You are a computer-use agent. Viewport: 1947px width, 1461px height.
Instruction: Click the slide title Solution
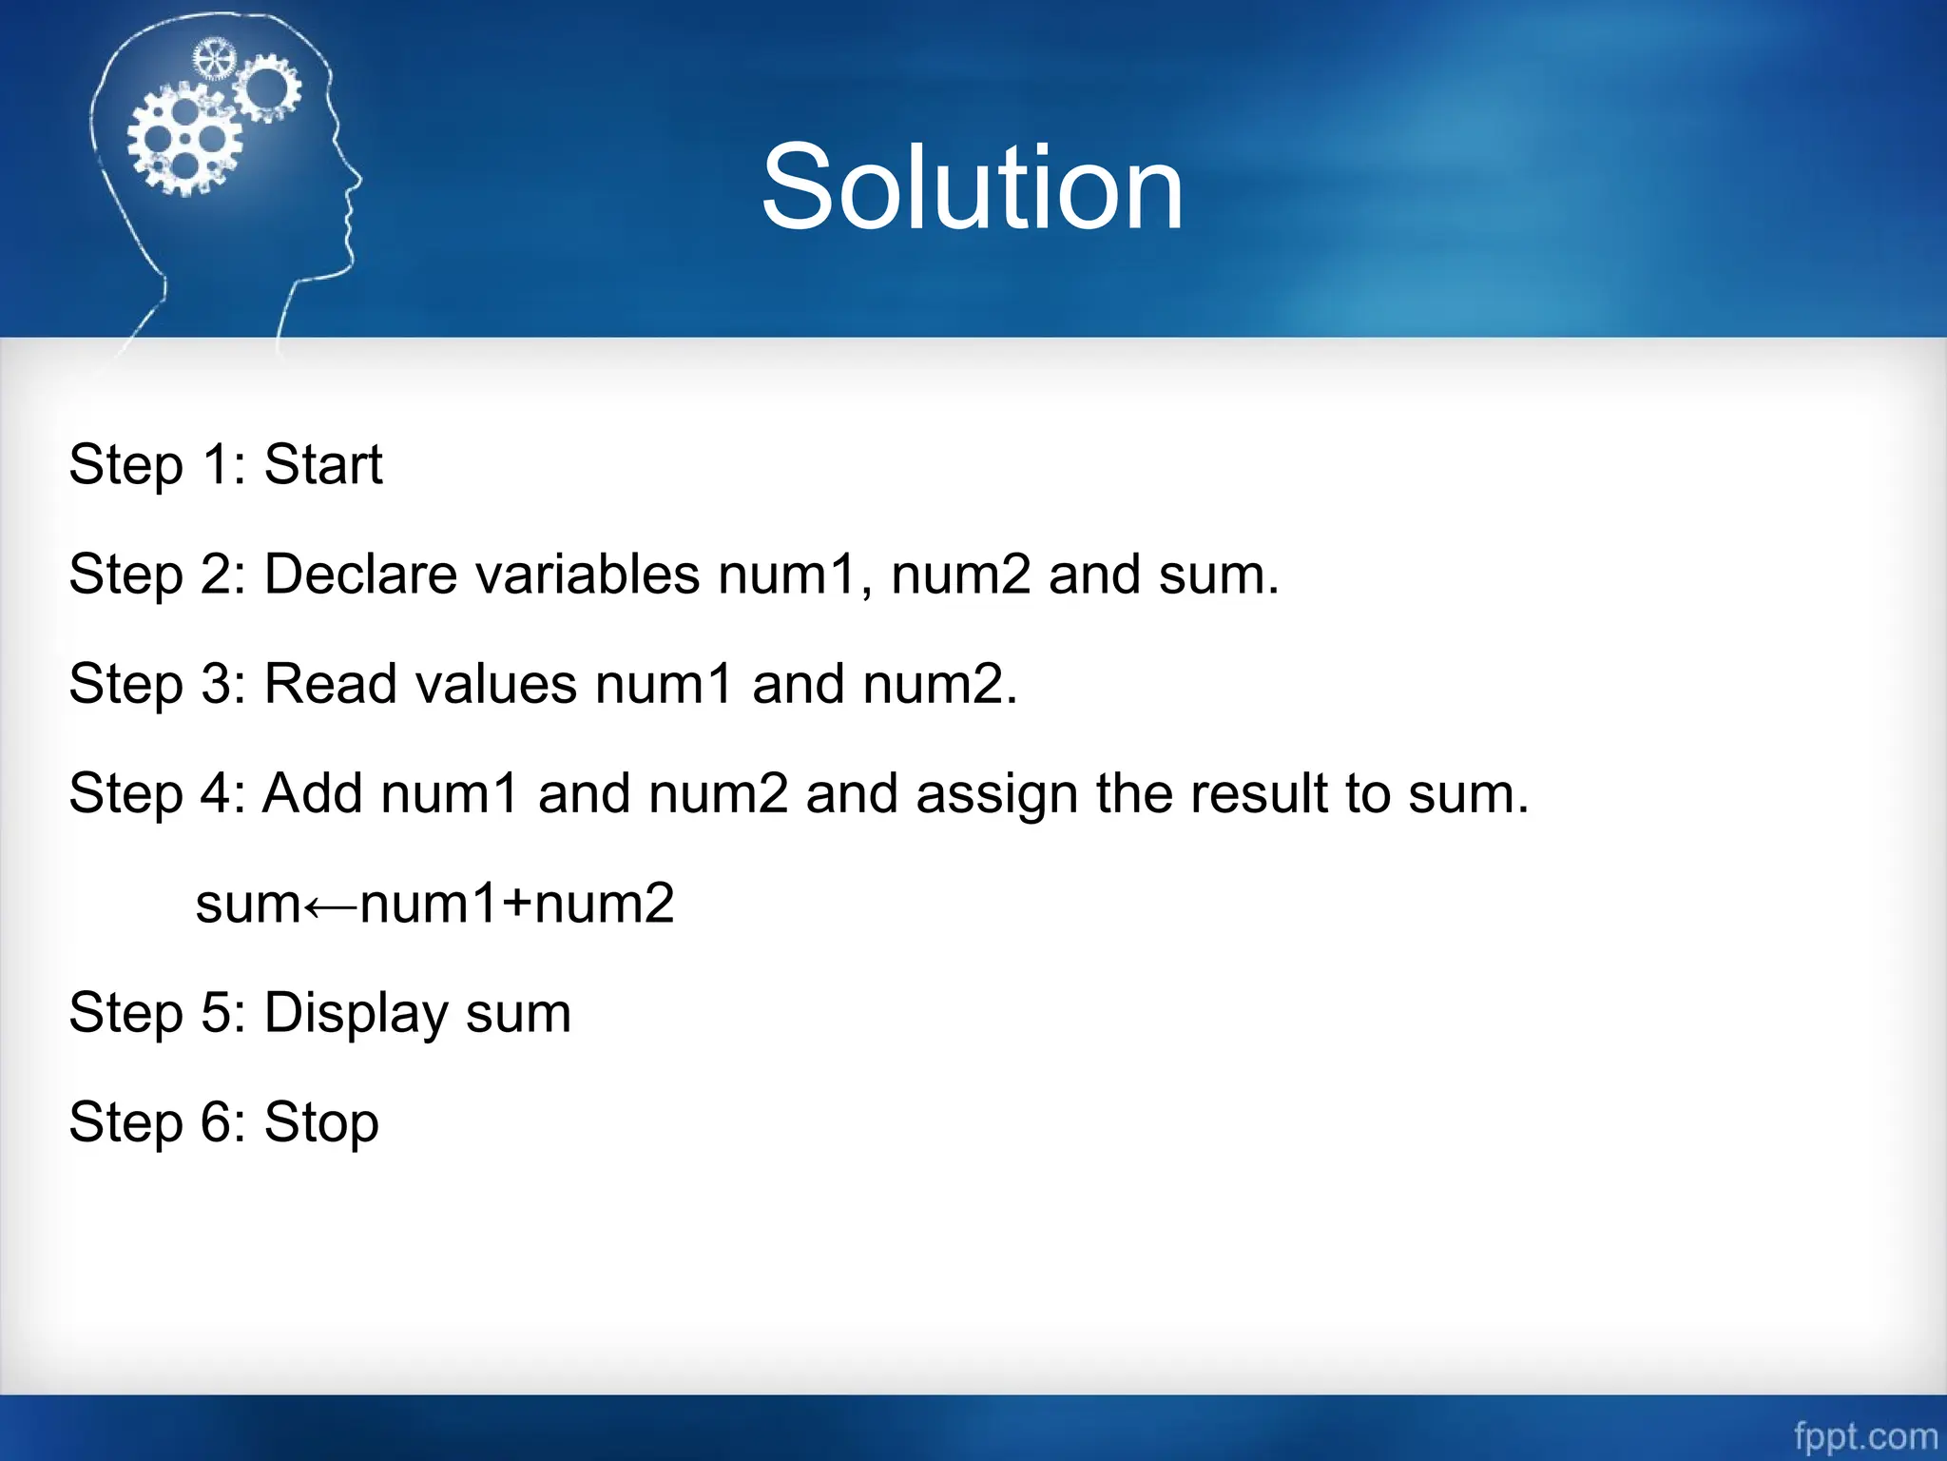tap(972, 186)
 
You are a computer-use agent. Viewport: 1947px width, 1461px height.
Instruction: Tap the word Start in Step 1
tap(323, 465)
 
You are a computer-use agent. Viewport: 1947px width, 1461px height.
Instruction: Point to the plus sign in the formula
tap(517, 904)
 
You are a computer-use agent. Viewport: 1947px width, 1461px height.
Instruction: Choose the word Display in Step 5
tap(356, 1014)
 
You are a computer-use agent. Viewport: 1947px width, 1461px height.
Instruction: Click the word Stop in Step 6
tap(321, 1123)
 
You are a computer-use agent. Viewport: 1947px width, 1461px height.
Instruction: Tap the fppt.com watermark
tap(1865, 1435)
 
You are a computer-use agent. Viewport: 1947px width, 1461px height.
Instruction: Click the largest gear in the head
tap(184, 139)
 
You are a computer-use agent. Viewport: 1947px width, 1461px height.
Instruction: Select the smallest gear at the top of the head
tap(213, 59)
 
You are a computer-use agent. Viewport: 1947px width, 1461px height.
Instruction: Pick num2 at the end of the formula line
tap(605, 904)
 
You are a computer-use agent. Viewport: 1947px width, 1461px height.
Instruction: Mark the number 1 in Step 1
tap(216, 465)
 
